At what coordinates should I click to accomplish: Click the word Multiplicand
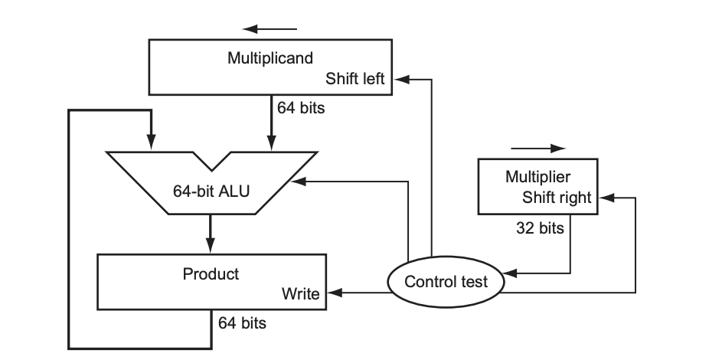pos(270,58)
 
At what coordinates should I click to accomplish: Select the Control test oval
pos(446,281)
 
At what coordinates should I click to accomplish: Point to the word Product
pos(211,273)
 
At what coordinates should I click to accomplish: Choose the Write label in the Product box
pos(300,293)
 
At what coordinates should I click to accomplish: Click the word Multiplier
pos(538,177)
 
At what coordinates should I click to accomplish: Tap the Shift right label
pos(557,198)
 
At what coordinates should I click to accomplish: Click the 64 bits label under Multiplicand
pos(301,108)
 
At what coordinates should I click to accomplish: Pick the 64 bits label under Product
pos(242,323)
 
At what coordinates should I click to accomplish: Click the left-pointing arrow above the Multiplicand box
pos(250,30)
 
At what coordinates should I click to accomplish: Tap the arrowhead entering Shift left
pos(400,79)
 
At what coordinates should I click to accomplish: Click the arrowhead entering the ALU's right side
pos(299,182)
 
